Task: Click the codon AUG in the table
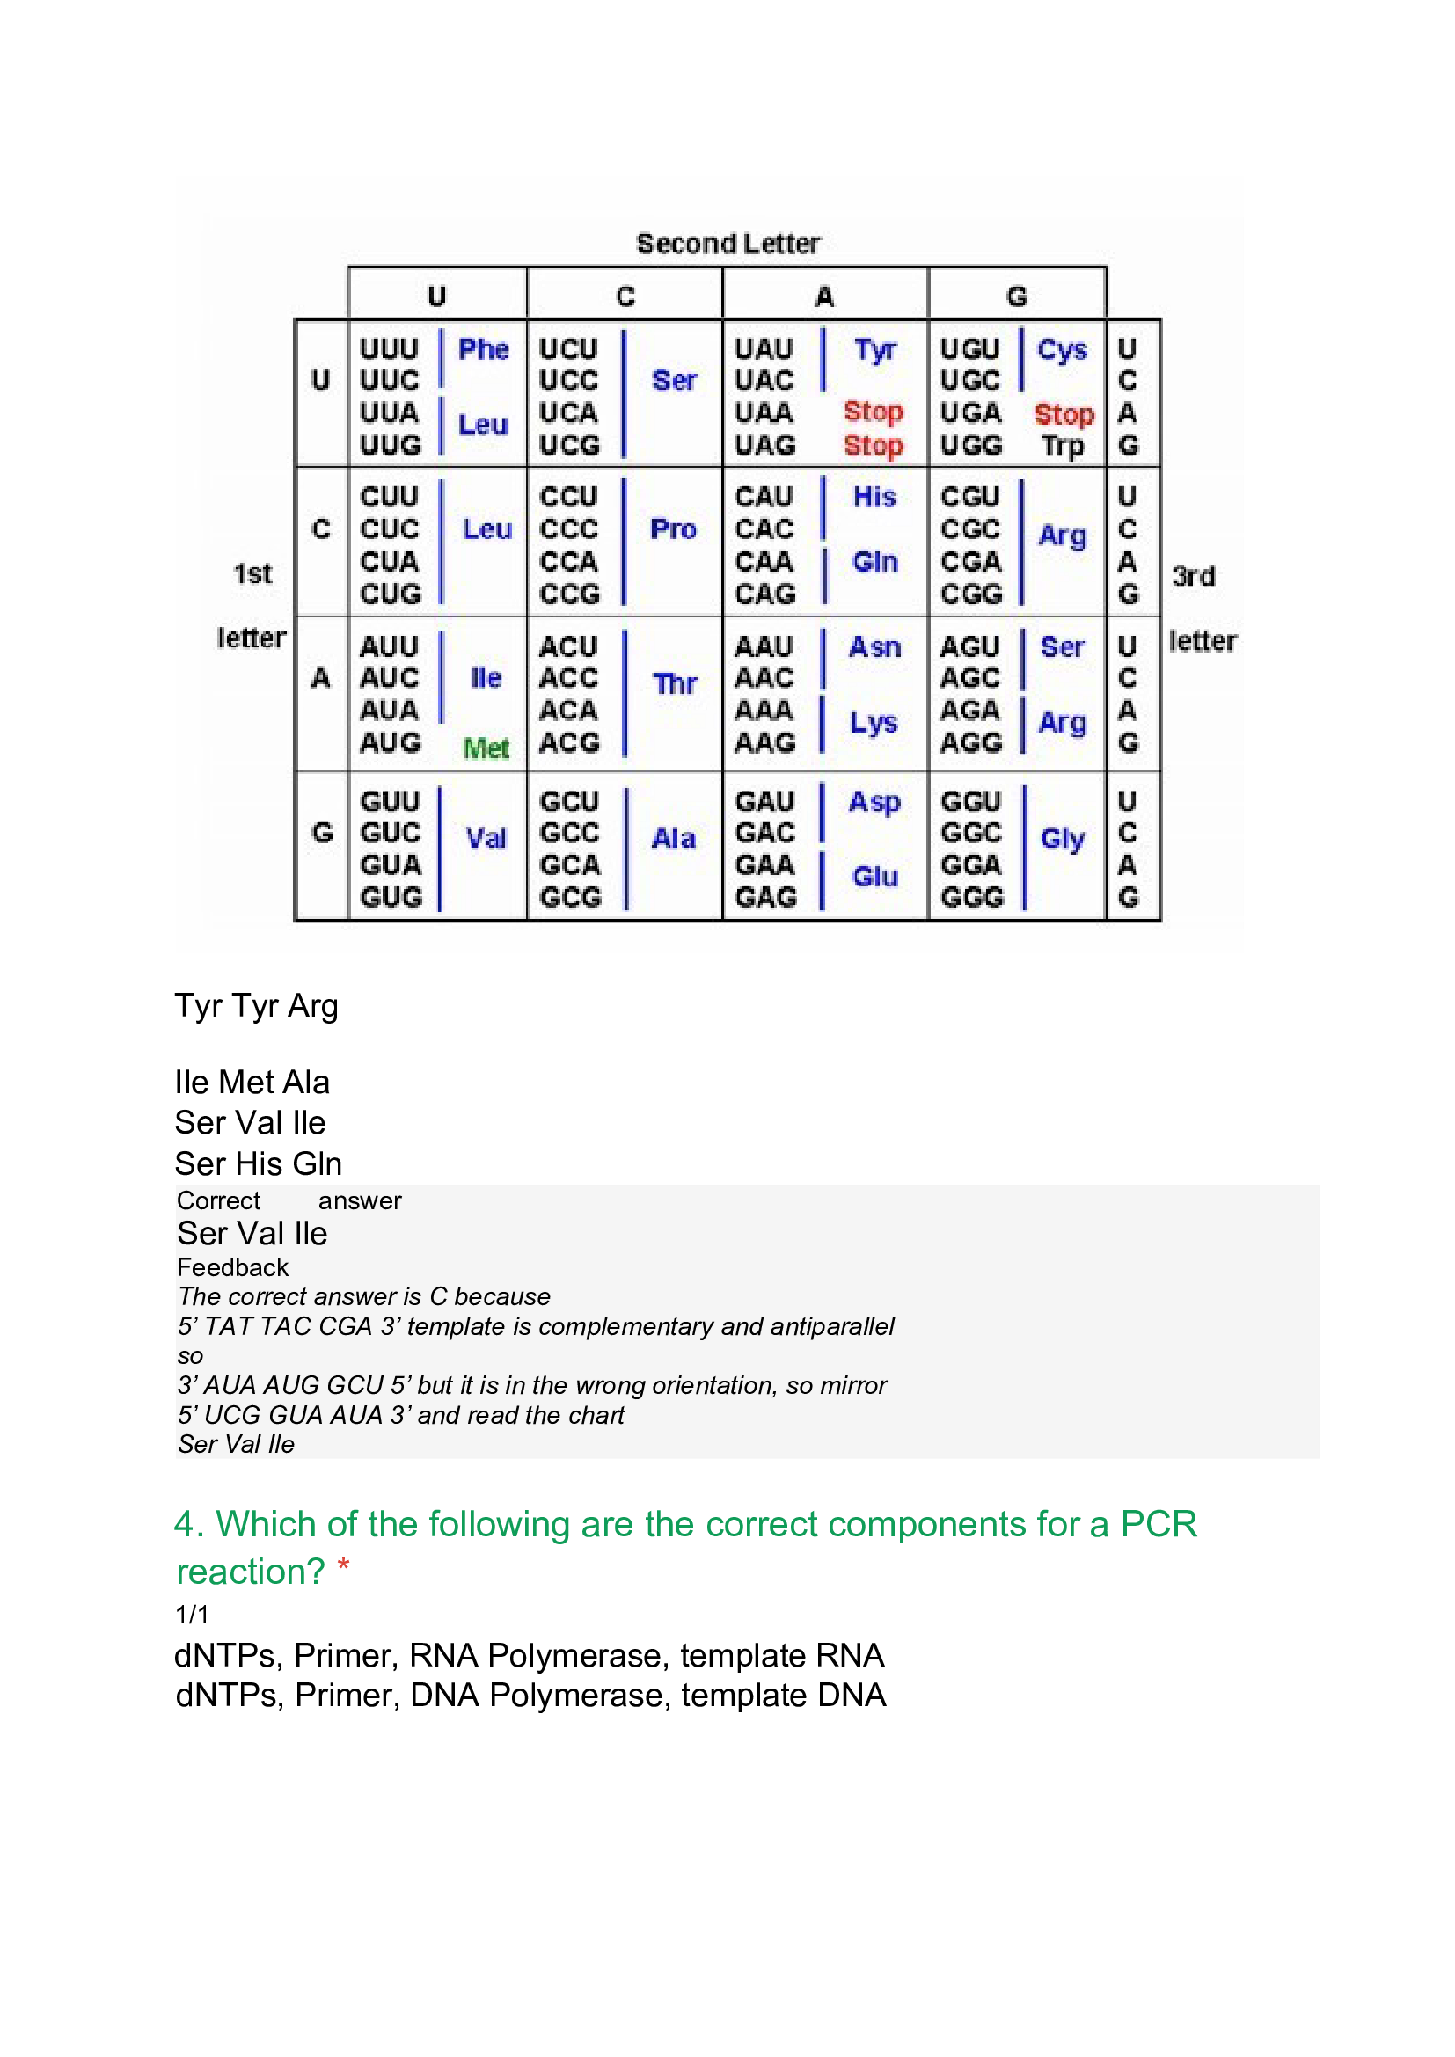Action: point(390,743)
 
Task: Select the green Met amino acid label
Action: point(486,748)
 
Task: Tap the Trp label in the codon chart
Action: point(1063,445)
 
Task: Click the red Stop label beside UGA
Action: point(1064,414)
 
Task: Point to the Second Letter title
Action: point(727,244)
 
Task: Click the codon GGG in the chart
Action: point(971,897)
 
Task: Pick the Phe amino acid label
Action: point(483,349)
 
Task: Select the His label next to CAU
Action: point(874,496)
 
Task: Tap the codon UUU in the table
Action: point(389,348)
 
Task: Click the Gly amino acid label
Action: point(1062,839)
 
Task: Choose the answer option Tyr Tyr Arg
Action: point(256,1006)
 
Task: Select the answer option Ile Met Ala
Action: point(252,1083)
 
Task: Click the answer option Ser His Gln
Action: point(258,1163)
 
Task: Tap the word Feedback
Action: point(232,1268)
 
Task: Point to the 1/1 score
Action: point(192,1615)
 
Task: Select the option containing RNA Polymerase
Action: point(529,1656)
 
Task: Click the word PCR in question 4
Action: point(1159,1525)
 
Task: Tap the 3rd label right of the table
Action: point(1194,576)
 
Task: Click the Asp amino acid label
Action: point(874,802)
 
